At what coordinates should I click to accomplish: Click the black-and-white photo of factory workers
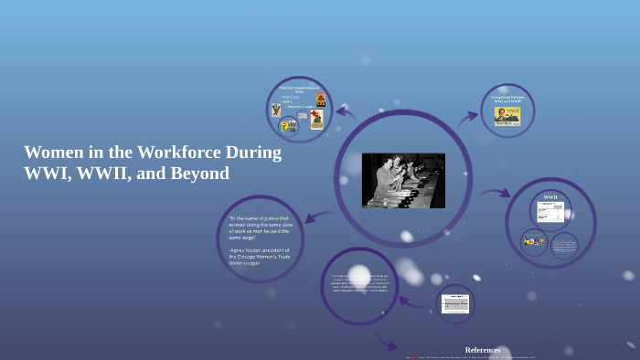(x=403, y=180)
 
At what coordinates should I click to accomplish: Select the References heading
(x=483, y=350)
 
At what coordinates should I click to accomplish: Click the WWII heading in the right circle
(x=550, y=197)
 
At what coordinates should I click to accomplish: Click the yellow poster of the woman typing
(x=507, y=115)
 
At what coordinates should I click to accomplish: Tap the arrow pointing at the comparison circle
(x=469, y=116)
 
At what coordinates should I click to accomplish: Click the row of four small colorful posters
(x=533, y=242)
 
